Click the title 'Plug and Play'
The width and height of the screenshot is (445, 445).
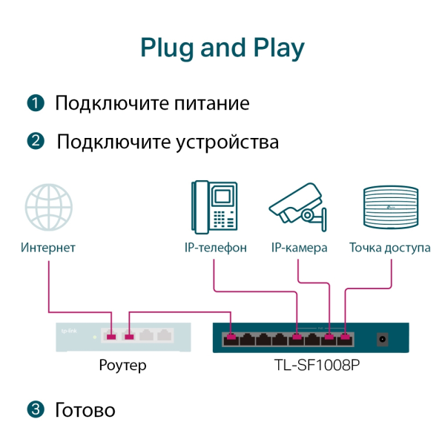(222, 47)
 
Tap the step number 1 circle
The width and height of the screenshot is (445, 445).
(35, 103)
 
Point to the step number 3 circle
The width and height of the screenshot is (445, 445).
(35, 409)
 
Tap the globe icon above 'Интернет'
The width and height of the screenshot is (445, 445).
(48, 208)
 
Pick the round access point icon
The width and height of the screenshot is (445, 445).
(389, 208)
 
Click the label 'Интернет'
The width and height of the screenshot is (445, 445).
(48, 248)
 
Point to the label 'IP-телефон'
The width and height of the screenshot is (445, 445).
(215, 248)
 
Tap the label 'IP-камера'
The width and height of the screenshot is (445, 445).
(299, 248)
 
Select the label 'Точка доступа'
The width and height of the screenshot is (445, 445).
(389, 248)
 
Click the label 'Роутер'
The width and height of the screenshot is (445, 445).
(122, 365)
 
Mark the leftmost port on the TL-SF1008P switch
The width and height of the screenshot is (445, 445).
(231, 339)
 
